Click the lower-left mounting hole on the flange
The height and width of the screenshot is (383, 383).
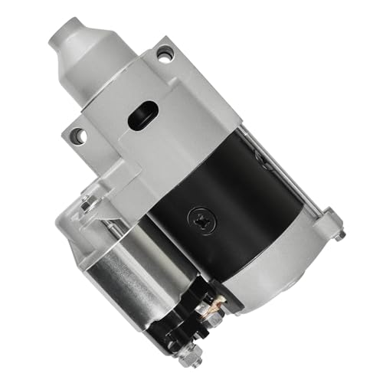point(77,135)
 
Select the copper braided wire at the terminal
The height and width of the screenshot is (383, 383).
point(211,306)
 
